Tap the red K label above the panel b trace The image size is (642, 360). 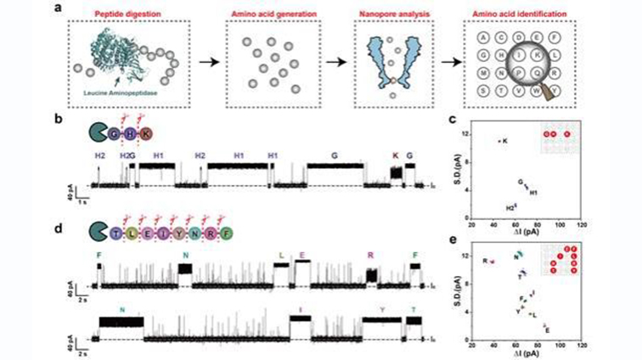click(394, 155)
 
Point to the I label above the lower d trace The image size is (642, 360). click(301, 310)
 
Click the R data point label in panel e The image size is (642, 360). click(485, 261)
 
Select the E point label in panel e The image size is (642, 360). click(547, 329)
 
